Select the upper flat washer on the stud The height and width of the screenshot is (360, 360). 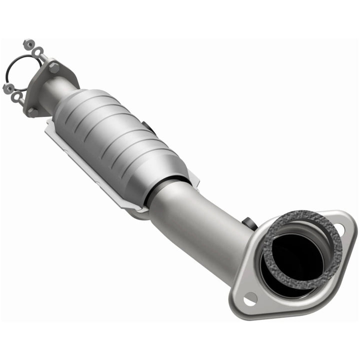click(x=38, y=51)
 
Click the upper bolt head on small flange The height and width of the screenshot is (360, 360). click(x=53, y=67)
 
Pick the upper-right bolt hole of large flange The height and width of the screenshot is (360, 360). click(x=340, y=229)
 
